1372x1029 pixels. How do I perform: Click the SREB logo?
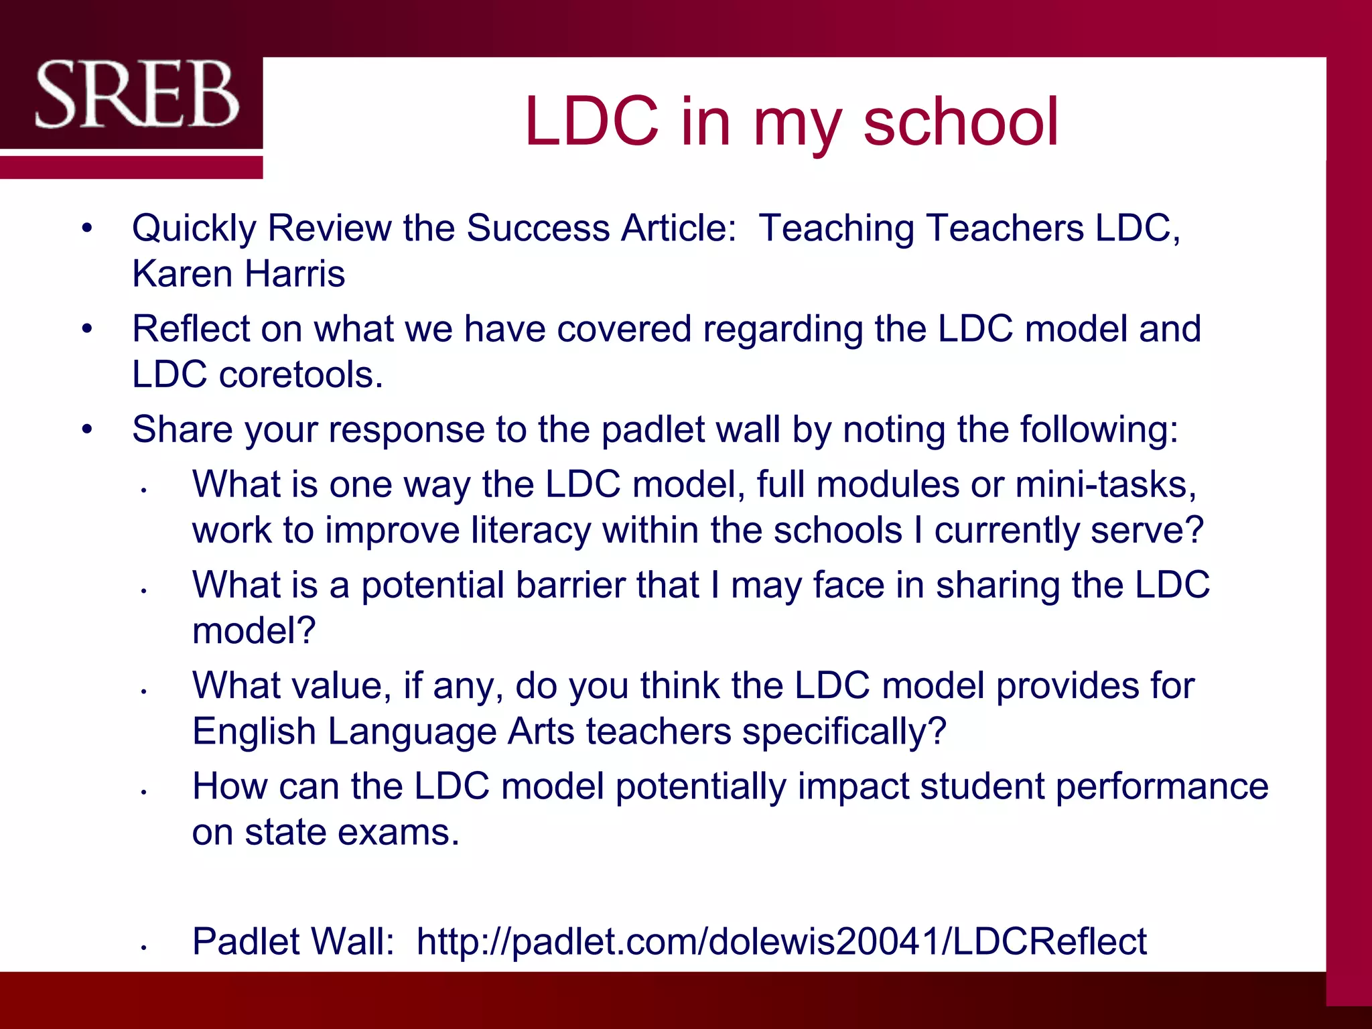137,94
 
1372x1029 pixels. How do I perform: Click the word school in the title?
961,121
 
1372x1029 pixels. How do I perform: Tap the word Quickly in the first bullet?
194,228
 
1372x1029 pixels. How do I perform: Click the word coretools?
301,374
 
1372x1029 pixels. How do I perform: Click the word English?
254,731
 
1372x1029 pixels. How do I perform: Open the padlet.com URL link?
781,941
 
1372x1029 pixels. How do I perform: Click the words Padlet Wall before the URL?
293,941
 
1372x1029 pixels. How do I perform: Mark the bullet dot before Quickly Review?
86,229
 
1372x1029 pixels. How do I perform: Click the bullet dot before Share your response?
86,430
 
